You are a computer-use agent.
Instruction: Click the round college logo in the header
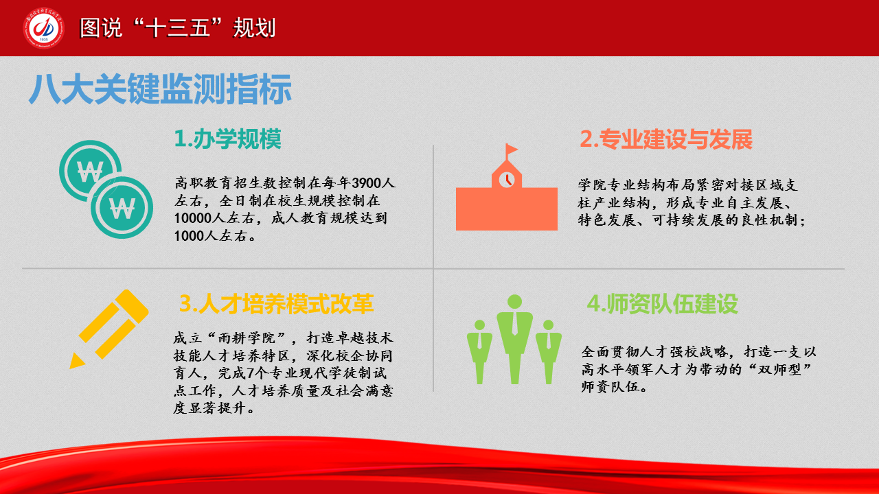(43, 28)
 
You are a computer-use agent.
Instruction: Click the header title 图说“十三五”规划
(178, 28)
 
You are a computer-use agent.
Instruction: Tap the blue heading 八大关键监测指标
(160, 89)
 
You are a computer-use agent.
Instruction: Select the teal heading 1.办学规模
(227, 139)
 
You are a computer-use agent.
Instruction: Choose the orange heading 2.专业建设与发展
(666, 139)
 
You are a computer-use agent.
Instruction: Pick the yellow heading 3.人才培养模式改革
(276, 304)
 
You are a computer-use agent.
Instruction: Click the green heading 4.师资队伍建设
(663, 304)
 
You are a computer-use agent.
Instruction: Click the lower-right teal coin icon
(122, 207)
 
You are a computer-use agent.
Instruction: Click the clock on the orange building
(507, 180)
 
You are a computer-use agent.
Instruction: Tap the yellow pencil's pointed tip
(76, 362)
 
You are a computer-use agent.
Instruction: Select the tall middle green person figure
(514, 339)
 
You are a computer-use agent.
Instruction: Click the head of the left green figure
(479, 325)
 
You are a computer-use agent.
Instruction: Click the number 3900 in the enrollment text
(367, 183)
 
